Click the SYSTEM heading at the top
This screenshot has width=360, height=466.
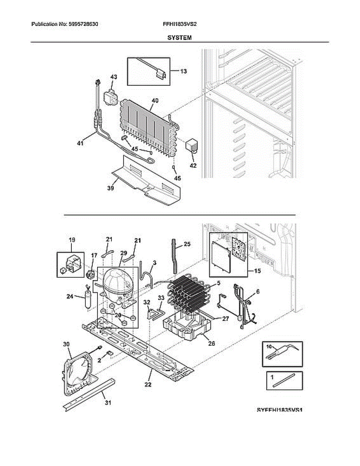(x=179, y=38)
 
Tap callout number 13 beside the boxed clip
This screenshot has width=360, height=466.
(x=183, y=71)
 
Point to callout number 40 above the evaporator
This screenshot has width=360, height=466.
(x=155, y=101)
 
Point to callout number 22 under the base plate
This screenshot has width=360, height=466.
(x=148, y=384)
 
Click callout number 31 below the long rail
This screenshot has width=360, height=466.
(x=108, y=403)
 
